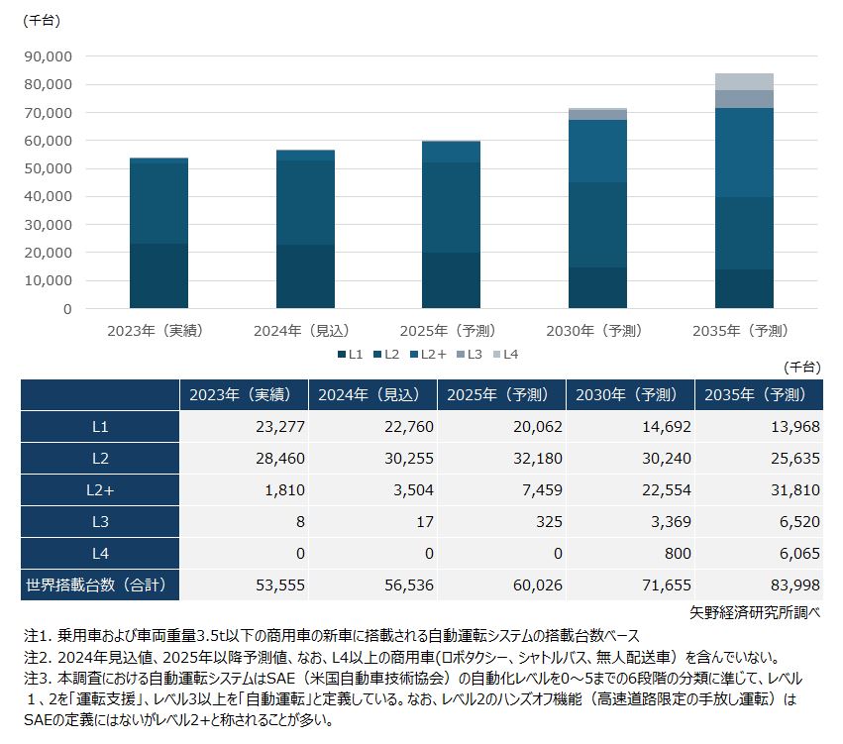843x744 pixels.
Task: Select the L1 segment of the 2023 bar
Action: (158, 275)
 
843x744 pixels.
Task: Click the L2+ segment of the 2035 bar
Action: (744, 153)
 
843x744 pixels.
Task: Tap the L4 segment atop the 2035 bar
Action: (744, 81)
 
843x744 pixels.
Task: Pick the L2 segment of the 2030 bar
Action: (597, 225)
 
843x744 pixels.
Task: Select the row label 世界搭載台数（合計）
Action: (100, 585)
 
